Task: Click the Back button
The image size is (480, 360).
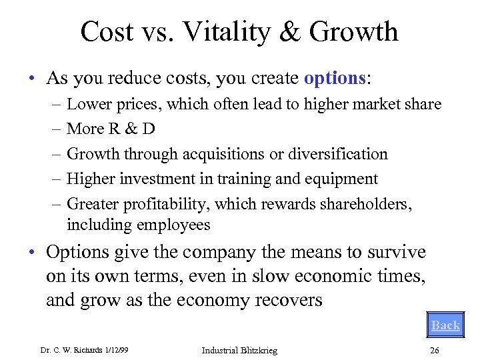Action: (x=445, y=325)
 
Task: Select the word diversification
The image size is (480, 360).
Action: (x=339, y=154)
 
